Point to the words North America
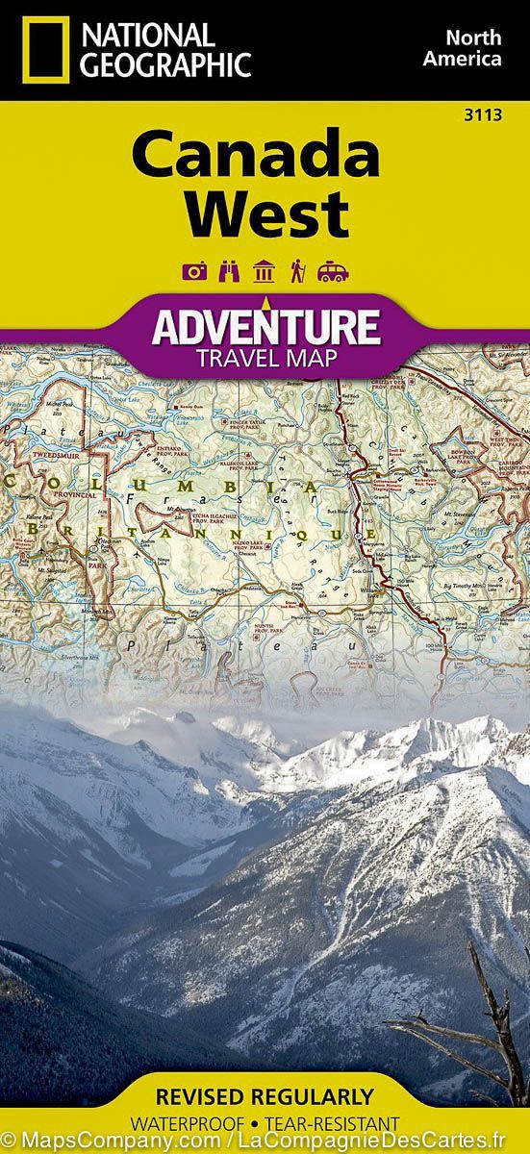(x=474, y=48)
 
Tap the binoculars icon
(x=229, y=272)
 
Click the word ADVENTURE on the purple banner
(x=265, y=328)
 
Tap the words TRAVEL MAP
(x=265, y=359)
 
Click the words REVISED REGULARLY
(x=265, y=1097)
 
